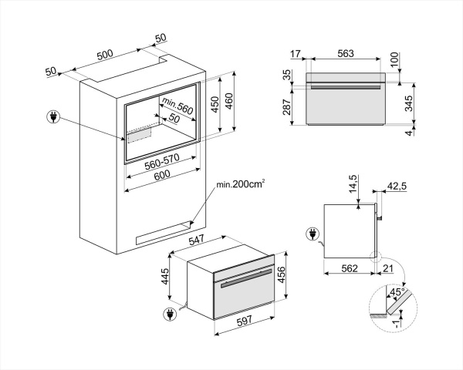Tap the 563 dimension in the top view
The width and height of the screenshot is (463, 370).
click(x=345, y=55)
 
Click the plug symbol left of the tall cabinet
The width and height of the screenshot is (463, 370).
click(x=54, y=118)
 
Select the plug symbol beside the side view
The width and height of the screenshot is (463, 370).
click(x=313, y=232)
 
